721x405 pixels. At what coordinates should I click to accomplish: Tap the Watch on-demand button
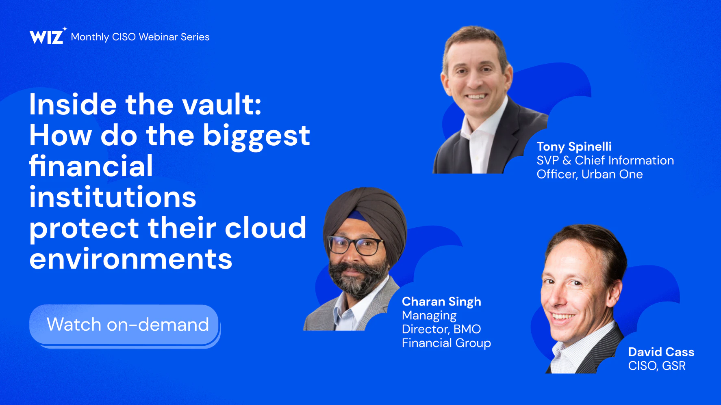coord(124,325)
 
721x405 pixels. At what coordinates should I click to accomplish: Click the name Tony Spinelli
coord(574,146)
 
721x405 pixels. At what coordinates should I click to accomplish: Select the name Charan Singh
coord(441,302)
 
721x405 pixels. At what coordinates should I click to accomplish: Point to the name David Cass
coord(661,352)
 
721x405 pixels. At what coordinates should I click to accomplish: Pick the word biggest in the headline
coord(256,136)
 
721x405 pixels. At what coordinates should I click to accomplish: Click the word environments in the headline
coord(131,259)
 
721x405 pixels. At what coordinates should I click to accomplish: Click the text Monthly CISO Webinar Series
coord(140,37)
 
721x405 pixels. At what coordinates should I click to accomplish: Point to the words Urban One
coord(612,174)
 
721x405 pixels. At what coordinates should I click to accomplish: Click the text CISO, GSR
coord(657,366)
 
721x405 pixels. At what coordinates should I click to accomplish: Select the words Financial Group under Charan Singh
coord(446,343)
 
